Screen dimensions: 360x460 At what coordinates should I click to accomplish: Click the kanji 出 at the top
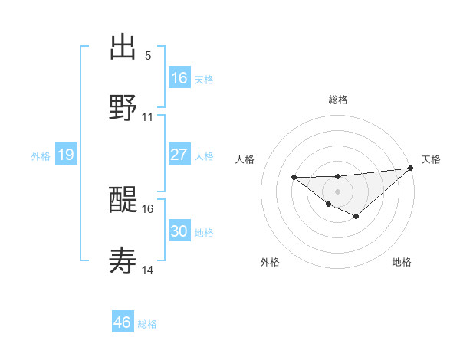tap(123, 47)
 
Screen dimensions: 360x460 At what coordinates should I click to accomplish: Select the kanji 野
tap(123, 107)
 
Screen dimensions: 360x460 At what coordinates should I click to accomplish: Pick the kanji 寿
tap(123, 262)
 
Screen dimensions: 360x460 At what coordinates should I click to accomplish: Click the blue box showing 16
tap(179, 77)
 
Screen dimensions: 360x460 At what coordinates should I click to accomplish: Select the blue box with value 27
tap(179, 155)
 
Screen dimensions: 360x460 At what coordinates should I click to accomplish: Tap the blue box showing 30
tap(179, 231)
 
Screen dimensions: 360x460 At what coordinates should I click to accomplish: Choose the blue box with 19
tap(66, 155)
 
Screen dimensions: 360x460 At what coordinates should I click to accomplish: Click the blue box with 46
tap(123, 322)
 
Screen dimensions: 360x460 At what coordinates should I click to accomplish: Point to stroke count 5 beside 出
tap(148, 56)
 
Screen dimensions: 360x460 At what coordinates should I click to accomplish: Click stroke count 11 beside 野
tap(148, 117)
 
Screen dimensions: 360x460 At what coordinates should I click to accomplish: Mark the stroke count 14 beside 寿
tap(148, 270)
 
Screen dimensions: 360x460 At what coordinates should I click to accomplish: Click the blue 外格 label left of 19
tap(41, 155)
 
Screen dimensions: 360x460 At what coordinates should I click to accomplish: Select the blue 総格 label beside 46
tap(147, 324)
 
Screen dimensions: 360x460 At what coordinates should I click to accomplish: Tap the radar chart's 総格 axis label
tap(338, 100)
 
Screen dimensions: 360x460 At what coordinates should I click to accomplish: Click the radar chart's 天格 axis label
tap(431, 159)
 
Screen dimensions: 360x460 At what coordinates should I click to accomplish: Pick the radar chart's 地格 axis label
tap(402, 262)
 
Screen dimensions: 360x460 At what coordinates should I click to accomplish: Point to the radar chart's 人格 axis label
tap(246, 159)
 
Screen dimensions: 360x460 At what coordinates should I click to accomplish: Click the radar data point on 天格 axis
tap(411, 168)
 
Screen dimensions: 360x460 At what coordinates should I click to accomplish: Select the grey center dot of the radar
tap(338, 190)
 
